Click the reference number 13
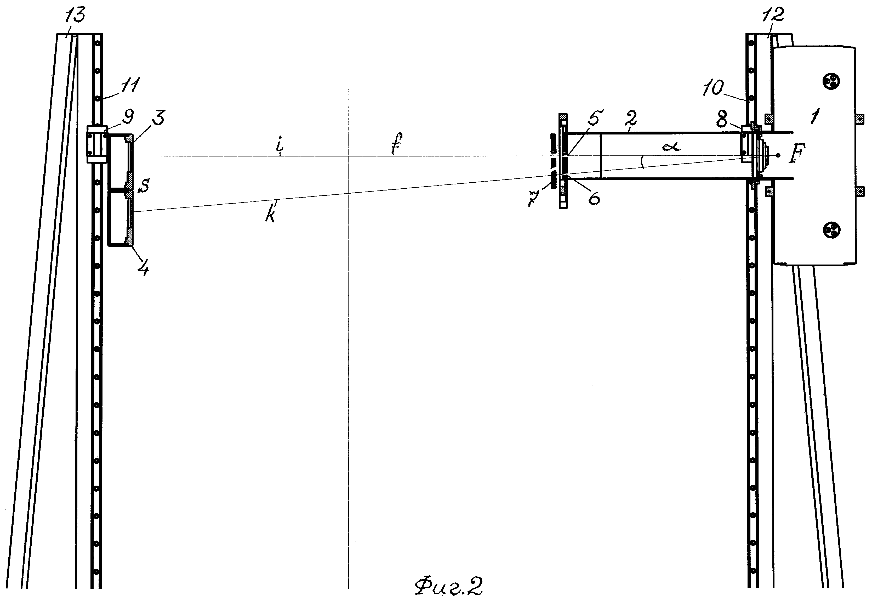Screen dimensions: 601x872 [75, 16]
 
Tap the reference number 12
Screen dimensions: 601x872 [773, 15]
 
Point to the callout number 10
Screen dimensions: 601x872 [713, 88]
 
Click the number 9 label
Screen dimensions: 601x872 [128, 117]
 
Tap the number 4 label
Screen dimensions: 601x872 [143, 268]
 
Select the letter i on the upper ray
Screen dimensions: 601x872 [279, 148]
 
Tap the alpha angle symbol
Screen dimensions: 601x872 [671, 147]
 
